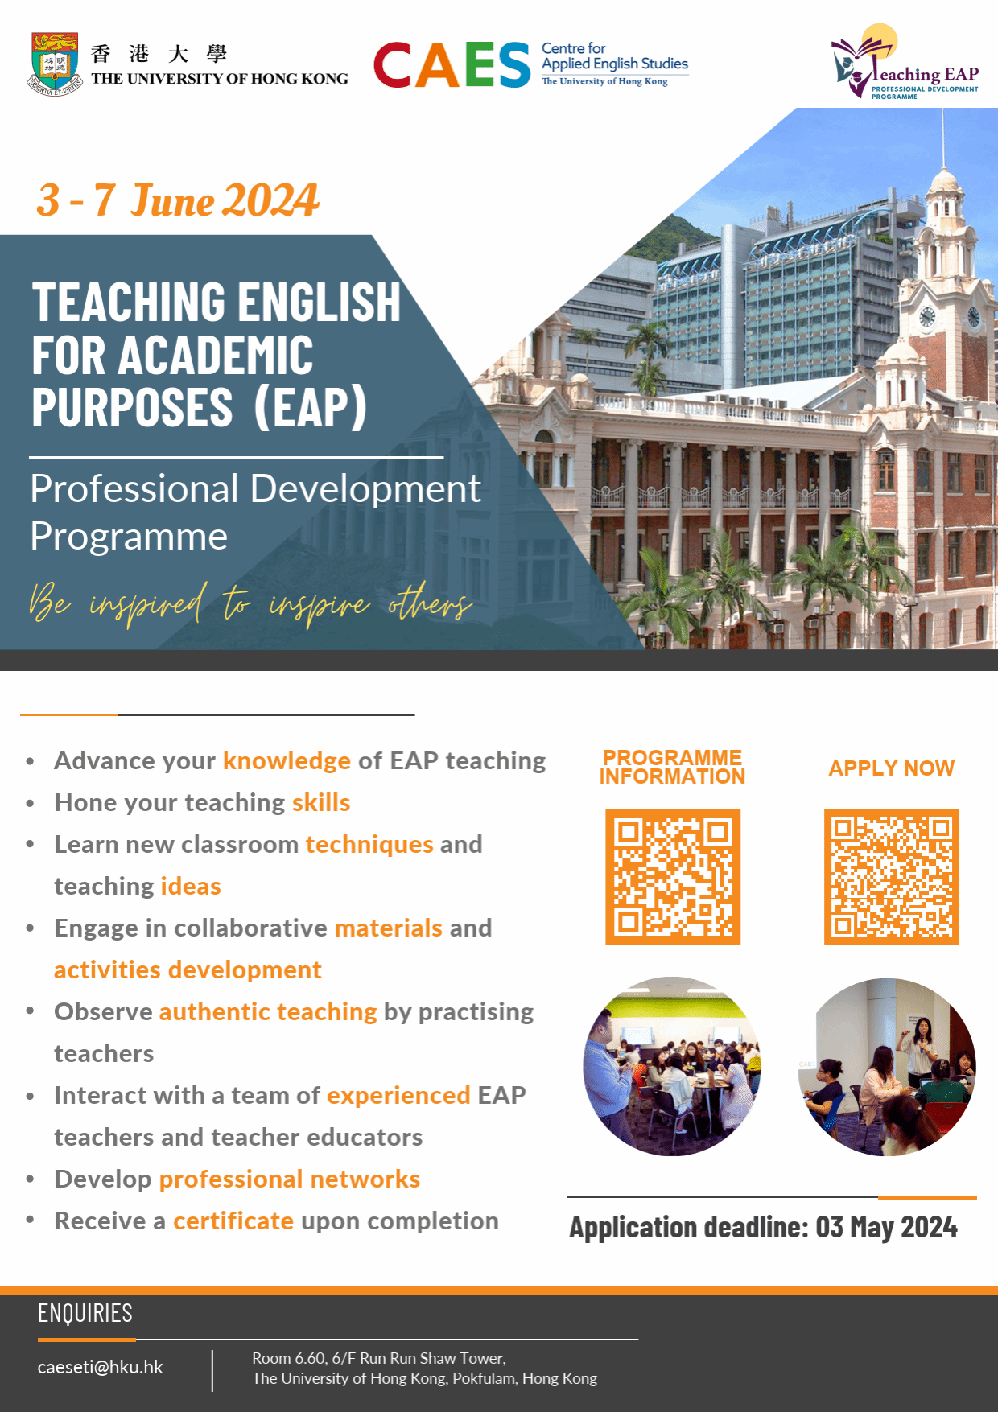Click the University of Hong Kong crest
[55, 64]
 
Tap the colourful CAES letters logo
[452, 65]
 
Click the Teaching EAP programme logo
[905, 62]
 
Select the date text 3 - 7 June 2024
[178, 200]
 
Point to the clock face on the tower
[927, 316]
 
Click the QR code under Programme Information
[673, 876]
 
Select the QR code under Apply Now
[892, 876]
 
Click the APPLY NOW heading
[892, 768]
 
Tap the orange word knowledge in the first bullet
[287, 761]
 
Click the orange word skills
[321, 802]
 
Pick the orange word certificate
[233, 1221]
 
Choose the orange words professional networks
[290, 1179]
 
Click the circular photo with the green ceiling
[672, 1067]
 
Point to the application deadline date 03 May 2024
[887, 1227]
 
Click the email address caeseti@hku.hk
[101, 1367]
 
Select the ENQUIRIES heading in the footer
[85, 1313]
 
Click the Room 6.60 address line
[379, 1358]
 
